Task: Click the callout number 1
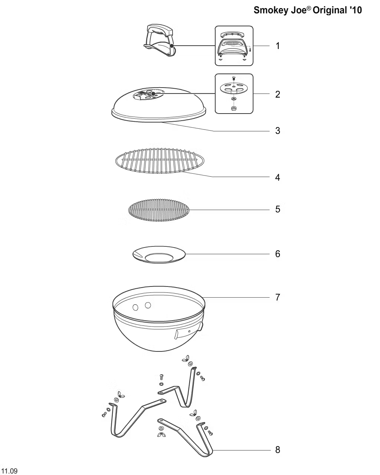click(278, 46)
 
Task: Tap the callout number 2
click(278, 95)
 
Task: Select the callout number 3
click(278, 131)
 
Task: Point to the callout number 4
click(278, 177)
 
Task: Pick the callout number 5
click(278, 209)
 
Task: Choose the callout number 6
click(278, 254)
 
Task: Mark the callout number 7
click(278, 297)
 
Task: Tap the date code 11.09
click(9, 471)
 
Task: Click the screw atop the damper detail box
click(234, 78)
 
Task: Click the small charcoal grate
click(159, 210)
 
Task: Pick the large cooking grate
click(160, 161)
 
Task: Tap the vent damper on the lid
click(148, 94)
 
